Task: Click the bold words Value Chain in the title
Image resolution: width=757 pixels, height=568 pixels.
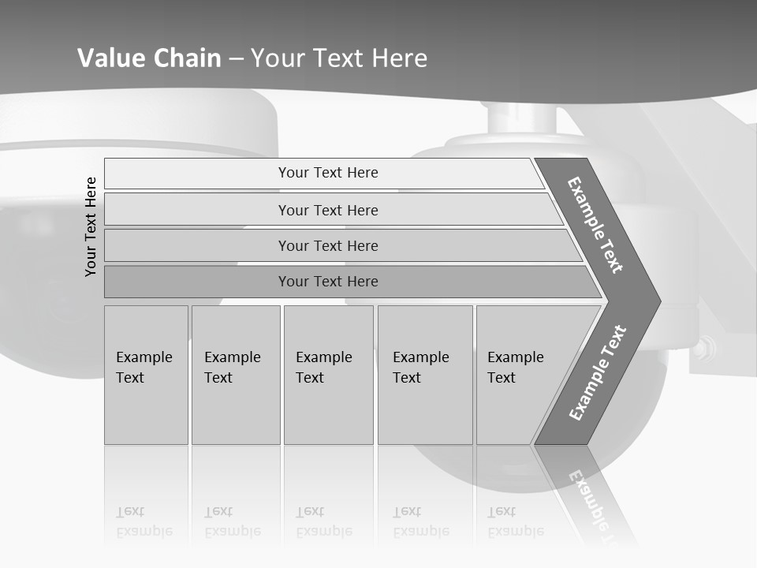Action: [149, 58]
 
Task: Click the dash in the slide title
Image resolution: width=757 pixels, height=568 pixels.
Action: [236, 59]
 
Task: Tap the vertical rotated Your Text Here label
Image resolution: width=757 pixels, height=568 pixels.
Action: [91, 226]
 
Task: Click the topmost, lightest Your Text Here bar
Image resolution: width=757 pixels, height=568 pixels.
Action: [328, 173]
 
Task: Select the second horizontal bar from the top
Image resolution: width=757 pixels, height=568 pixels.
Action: [328, 210]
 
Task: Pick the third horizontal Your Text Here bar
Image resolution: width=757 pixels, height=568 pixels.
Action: [328, 245]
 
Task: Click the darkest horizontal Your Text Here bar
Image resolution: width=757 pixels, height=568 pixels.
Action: [328, 282]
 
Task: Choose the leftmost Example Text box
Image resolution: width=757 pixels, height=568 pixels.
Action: [146, 375]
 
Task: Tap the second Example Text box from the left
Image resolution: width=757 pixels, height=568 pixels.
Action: [236, 375]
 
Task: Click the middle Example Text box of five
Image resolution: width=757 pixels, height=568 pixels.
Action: [328, 375]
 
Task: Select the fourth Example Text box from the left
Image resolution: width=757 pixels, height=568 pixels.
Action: [425, 375]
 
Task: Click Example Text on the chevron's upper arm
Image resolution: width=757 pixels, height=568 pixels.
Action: [596, 225]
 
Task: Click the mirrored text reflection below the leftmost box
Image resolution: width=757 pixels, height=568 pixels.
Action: [144, 521]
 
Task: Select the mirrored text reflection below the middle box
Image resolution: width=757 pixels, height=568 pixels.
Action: [323, 521]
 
